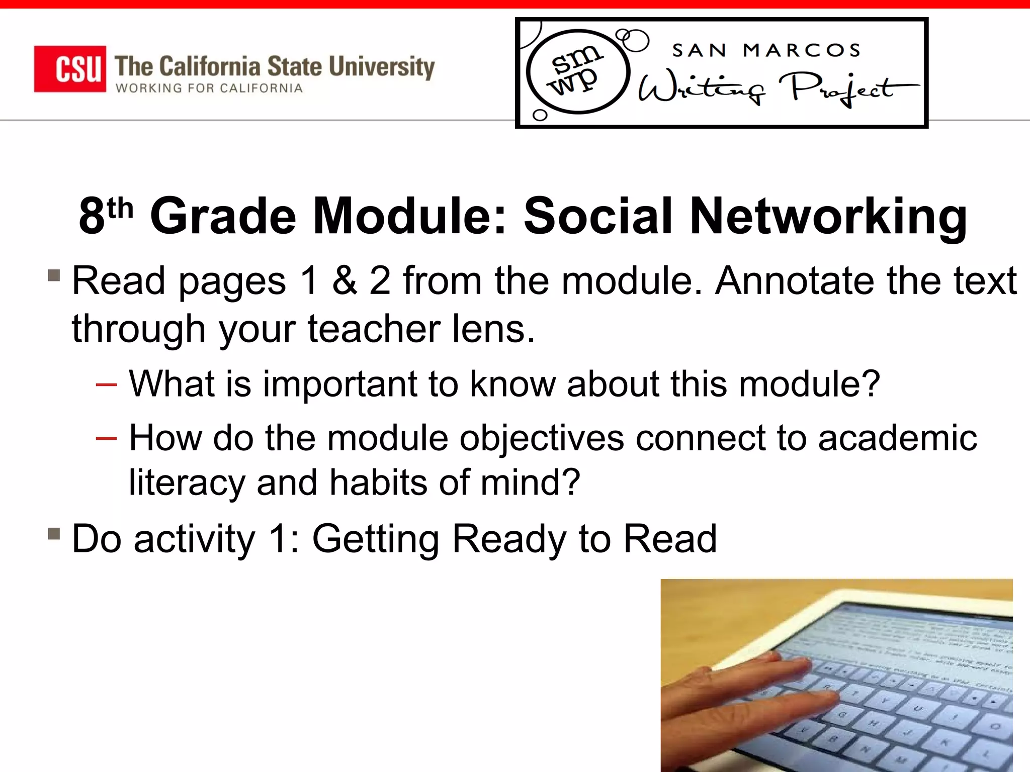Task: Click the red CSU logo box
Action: point(70,69)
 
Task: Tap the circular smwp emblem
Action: point(577,71)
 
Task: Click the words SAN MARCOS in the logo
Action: point(766,50)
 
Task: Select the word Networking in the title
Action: point(828,216)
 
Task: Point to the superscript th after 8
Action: point(120,208)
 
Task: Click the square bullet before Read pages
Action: point(54,275)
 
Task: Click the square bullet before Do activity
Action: point(54,533)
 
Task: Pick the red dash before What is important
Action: point(106,385)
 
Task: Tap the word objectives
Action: point(541,438)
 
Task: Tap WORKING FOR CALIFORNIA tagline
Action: point(209,88)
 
